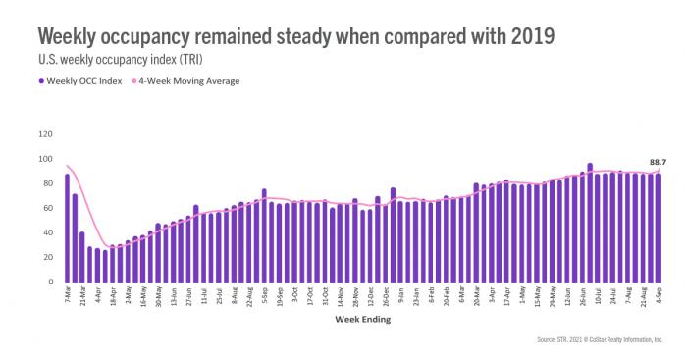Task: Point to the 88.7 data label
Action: (x=660, y=162)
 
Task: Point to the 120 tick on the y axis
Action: (x=44, y=133)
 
